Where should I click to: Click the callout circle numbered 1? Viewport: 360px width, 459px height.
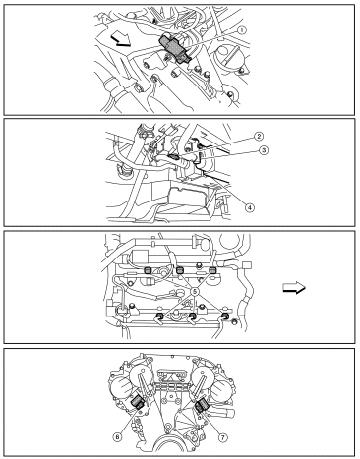(242, 30)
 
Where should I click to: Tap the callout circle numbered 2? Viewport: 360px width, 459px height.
(259, 136)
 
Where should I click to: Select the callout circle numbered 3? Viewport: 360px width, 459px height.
(264, 150)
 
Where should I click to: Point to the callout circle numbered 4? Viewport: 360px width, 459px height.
(249, 207)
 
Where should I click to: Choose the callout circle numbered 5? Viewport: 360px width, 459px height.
(195, 291)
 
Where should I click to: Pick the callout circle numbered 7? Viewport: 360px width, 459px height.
(223, 437)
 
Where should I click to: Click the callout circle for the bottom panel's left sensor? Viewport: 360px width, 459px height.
(117, 437)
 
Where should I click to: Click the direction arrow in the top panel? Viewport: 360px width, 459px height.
(120, 41)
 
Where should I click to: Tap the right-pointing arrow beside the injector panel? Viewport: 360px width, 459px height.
(294, 288)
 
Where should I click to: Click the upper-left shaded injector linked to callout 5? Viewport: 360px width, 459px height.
(148, 270)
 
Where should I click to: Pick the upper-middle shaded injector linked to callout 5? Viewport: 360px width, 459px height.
(180, 270)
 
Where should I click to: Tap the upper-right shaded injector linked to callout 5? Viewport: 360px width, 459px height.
(212, 270)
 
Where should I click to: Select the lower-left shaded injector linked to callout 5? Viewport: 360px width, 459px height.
(160, 316)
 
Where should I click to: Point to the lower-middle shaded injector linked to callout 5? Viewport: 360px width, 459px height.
(193, 316)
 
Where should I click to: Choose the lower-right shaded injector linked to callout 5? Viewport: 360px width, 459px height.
(225, 316)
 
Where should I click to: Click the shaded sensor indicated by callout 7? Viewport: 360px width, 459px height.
(201, 405)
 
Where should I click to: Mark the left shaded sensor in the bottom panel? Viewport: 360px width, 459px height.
(138, 402)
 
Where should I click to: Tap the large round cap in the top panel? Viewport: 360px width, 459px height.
(231, 55)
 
